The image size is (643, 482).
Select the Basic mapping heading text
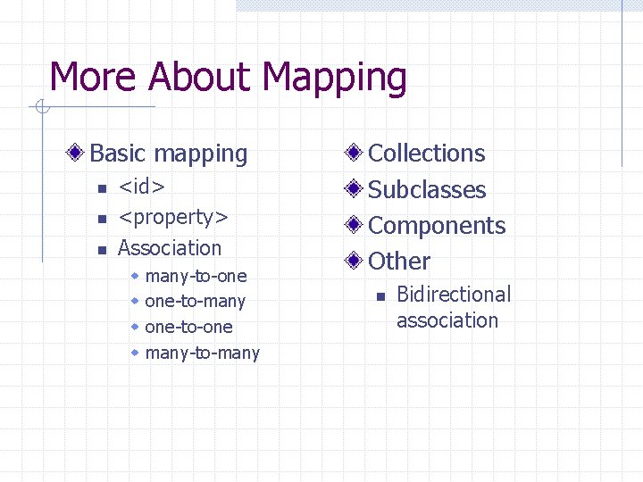tap(169, 154)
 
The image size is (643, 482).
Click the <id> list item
tap(141, 187)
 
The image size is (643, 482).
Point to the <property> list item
tap(173, 217)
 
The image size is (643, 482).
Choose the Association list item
tap(170, 247)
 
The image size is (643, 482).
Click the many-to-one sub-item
tap(196, 276)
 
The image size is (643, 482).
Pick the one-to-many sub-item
tap(195, 302)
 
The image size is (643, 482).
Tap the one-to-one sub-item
tap(188, 327)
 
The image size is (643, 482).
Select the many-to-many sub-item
tap(202, 353)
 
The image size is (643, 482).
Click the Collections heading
tap(427, 154)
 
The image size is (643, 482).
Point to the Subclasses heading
tap(427, 190)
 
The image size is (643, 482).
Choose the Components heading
tap(437, 226)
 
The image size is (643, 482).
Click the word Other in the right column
tap(399, 262)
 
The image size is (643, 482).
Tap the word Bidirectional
tap(454, 295)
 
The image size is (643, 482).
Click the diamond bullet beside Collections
tap(355, 154)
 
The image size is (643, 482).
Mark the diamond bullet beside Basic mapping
tap(79, 154)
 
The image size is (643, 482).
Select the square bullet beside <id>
tap(103, 188)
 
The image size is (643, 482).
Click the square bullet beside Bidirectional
tap(379, 295)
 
